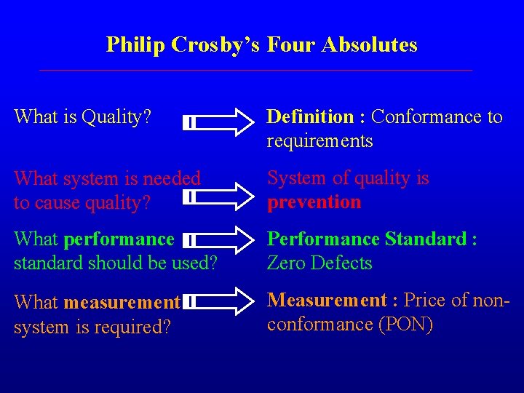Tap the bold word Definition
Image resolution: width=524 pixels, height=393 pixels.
click(310, 116)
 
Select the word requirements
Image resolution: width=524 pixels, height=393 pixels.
click(319, 140)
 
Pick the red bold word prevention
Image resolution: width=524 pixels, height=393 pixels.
click(314, 202)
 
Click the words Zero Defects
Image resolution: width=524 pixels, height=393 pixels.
click(319, 263)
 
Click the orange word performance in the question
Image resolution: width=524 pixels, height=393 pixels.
click(119, 239)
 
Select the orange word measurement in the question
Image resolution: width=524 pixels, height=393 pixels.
click(122, 301)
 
